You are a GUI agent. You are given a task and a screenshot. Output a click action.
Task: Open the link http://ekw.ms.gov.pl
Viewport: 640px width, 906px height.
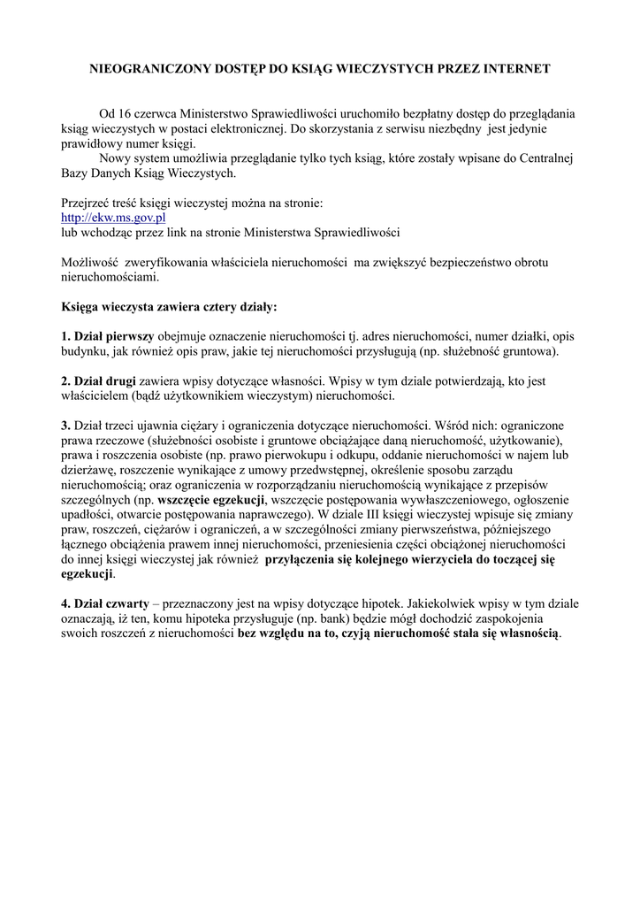click(113, 218)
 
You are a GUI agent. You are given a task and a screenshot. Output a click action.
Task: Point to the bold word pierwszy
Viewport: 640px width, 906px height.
click(129, 337)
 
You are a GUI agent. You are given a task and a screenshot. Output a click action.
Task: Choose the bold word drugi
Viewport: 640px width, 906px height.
click(120, 381)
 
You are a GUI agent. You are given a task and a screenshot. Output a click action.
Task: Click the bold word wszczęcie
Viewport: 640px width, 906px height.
click(186, 500)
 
